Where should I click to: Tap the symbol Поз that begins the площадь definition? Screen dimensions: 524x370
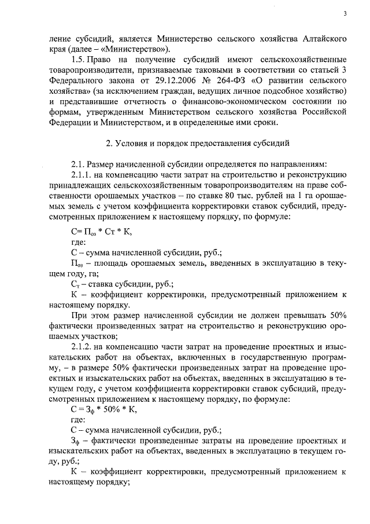pyautogui.click(x=77, y=263)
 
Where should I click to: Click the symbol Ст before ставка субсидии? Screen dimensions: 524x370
pyautogui.click(x=76, y=285)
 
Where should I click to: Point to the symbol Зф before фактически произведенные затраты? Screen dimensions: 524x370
pyautogui.click(x=76, y=441)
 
